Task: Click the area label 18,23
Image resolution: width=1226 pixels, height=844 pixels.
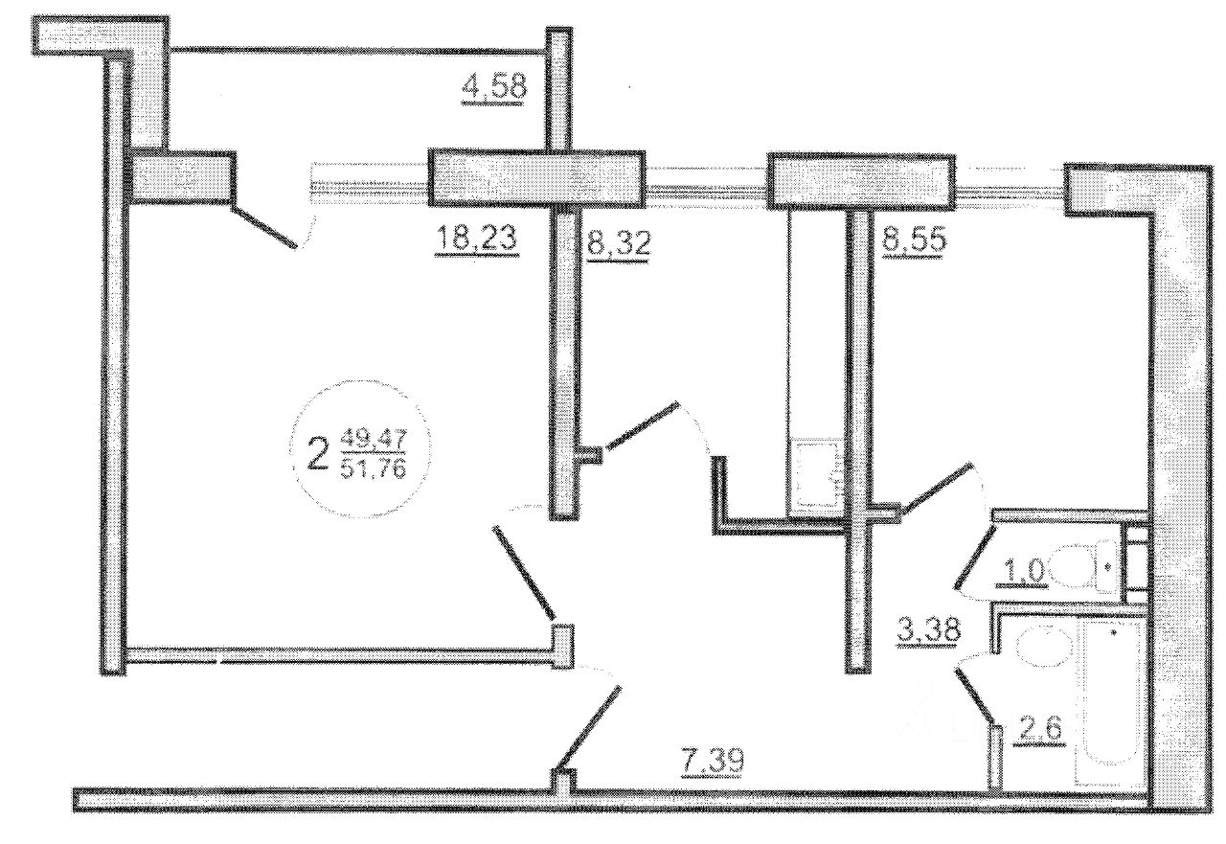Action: click(x=477, y=238)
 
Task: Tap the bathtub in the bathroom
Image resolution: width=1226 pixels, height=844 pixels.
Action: click(x=1108, y=704)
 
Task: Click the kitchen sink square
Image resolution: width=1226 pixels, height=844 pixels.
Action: click(x=816, y=471)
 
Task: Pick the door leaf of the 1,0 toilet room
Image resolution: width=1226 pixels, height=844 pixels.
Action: click(x=974, y=554)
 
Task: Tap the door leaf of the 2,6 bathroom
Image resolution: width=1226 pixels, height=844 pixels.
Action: click(x=977, y=696)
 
